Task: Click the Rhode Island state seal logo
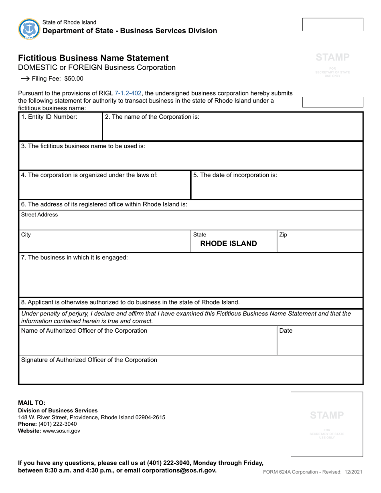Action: pos(29,29)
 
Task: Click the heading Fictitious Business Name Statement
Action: pos(93,58)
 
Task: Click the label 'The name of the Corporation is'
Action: pos(152,117)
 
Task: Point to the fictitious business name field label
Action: pos(83,146)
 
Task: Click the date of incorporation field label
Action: pos(235,175)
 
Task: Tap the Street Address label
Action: pos(39,215)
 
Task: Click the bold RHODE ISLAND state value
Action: pos(229,244)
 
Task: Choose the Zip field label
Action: pos(283,235)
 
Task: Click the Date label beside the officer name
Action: pos(286,331)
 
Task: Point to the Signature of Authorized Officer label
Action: pos(89,360)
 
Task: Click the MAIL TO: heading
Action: pos(32,403)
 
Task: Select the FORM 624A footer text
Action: pos(312,472)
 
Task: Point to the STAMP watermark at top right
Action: pos(332,57)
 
